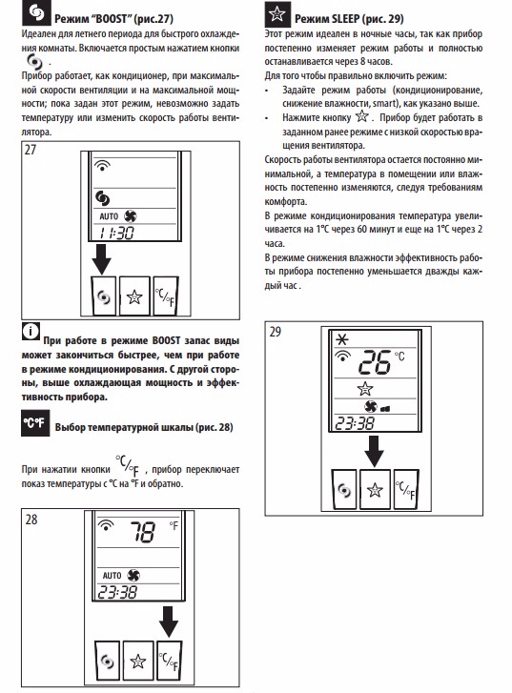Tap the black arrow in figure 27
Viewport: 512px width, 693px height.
(102, 257)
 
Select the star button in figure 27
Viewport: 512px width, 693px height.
(134, 296)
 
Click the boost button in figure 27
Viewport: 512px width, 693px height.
(104, 296)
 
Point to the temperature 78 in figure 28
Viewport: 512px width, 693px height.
(142, 532)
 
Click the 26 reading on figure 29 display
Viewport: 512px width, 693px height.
(375, 362)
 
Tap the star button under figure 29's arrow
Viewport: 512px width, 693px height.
(375, 490)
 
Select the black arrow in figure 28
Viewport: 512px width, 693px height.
(169, 622)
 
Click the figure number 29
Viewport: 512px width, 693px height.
(276, 332)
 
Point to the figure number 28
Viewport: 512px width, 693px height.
(31, 519)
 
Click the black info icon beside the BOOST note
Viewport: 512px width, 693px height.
(31, 331)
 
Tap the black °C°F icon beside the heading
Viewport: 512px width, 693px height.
(35, 423)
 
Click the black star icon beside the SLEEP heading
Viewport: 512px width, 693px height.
(277, 14)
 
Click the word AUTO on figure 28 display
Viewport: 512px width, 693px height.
(112, 576)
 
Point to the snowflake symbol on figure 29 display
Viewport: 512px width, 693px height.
(342, 339)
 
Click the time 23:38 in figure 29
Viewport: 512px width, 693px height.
(355, 423)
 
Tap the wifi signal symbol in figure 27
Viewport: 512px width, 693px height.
(102, 166)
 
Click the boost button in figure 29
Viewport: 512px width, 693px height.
(344, 490)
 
